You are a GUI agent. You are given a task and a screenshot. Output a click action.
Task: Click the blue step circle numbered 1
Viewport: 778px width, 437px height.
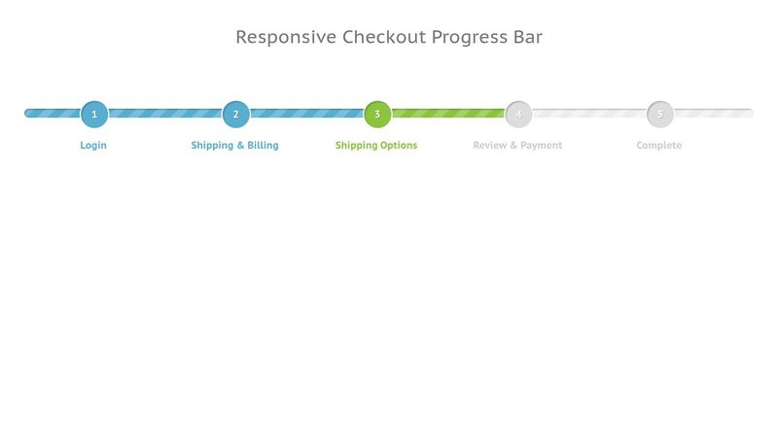click(94, 114)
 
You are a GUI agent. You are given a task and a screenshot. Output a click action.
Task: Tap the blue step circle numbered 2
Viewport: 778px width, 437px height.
click(235, 114)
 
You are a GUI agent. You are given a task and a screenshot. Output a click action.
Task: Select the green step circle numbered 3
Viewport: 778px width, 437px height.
click(377, 114)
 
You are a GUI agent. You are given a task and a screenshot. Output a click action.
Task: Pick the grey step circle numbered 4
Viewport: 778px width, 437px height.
click(518, 114)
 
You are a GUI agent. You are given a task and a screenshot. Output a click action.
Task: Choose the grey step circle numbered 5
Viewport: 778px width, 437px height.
click(660, 114)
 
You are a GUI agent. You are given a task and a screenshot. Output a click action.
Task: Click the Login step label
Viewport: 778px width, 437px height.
click(93, 145)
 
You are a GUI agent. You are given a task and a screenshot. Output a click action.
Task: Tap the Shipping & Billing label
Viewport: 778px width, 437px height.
click(234, 145)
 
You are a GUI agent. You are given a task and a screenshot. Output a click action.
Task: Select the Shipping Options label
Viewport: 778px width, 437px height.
click(376, 145)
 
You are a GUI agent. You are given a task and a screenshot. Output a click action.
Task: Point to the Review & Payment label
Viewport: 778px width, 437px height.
click(517, 145)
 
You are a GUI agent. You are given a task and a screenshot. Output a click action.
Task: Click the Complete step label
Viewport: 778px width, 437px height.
click(659, 145)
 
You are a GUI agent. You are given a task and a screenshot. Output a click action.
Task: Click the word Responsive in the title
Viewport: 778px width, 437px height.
click(286, 37)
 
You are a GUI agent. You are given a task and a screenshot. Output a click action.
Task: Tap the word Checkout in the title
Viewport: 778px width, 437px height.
click(384, 37)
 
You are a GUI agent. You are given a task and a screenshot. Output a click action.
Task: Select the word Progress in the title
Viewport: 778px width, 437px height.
click(470, 37)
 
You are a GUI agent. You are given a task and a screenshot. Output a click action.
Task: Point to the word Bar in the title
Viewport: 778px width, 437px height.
click(528, 37)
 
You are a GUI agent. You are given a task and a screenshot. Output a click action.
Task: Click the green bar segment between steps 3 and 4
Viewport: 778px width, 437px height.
click(448, 114)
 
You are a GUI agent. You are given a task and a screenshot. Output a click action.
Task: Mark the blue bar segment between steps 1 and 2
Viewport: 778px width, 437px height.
click(165, 114)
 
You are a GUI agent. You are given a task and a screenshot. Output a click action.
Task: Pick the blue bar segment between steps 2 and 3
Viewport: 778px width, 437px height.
click(306, 114)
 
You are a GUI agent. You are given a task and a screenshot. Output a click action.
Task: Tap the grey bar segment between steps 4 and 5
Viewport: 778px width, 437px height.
click(589, 114)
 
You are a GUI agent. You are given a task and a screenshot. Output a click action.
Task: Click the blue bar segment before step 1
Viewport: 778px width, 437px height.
click(53, 114)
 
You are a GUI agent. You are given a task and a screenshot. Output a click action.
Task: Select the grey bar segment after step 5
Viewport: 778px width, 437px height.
click(714, 114)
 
